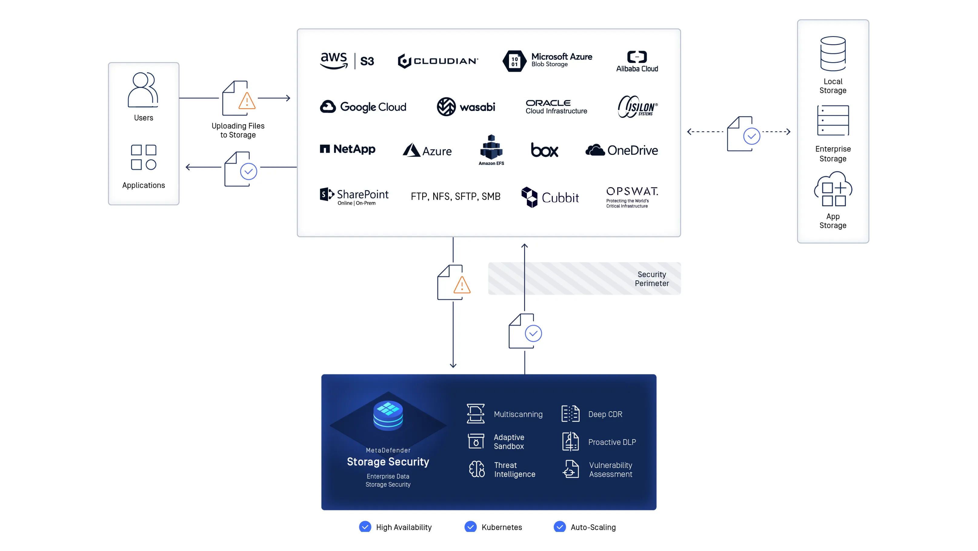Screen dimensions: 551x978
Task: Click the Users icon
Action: pyautogui.click(x=143, y=90)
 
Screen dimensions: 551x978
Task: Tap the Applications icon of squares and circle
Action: pyautogui.click(x=144, y=157)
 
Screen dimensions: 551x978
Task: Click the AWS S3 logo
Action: pyautogui.click(x=347, y=61)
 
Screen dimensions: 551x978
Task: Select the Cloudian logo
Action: pyautogui.click(x=438, y=61)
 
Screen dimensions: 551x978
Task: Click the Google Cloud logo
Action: pyautogui.click(x=363, y=107)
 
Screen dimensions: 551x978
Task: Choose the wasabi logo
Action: pyautogui.click(x=466, y=107)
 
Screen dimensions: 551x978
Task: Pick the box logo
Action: pyautogui.click(x=544, y=150)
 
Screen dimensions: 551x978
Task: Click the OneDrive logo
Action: pyautogui.click(x=621, y=150)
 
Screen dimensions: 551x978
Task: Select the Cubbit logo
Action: pyautogui.click(x=550, y=197)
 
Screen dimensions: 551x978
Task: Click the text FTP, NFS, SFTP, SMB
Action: pyautogui.click(x=455, y=196)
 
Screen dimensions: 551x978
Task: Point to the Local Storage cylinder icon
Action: pyautogui.click(x=833, y=54)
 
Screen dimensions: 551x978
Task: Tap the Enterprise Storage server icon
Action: pyautogui.click(x=833, y=120)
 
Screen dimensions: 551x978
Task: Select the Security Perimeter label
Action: pyautogui.click(x=651, y=279)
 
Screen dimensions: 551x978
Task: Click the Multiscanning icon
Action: pyautogui.click(x=475, y=413)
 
